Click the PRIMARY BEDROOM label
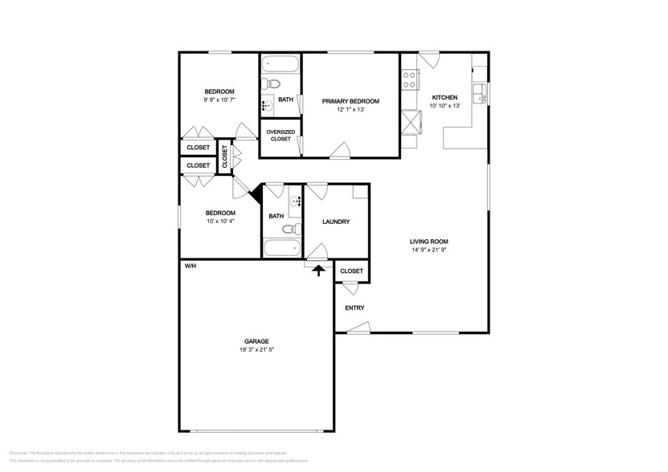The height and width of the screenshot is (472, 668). click(x=350, y=101)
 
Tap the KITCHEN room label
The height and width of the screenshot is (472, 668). click(x=445, y=97)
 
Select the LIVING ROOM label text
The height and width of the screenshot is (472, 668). click(x=428, y=242)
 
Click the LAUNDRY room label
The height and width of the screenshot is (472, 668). click(x=335, y=222)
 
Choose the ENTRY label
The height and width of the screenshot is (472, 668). click(x=354, y=307)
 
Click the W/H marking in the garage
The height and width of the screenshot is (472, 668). click(x=190, y=266)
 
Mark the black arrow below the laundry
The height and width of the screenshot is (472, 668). click(x=318, y=271)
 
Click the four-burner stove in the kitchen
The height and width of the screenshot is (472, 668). click(x=408, y=79)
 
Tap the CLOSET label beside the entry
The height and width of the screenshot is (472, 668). click(x=351, y=271)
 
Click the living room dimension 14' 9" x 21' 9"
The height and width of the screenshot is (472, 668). click(x=428, y=250)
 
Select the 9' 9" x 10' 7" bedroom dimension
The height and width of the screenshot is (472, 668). click(x=219, y=100)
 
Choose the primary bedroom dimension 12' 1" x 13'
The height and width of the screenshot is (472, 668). click(x=350, y=110)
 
